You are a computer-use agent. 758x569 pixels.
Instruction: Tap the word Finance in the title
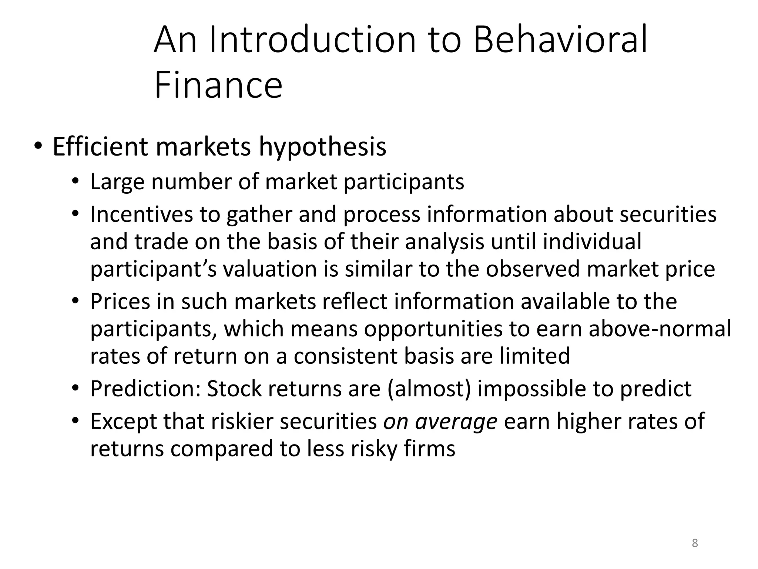click(x=218, y=86)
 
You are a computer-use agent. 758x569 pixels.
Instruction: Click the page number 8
click(x=695, y=543)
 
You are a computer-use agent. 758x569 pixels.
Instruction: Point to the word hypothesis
click(x=322, y=147)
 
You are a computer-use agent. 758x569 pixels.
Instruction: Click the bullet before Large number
click(x=76, y=182)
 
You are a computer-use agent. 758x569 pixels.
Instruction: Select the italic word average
click(x=456, y=422)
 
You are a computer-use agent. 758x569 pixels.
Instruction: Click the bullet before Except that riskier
click(x=76, y=421)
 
